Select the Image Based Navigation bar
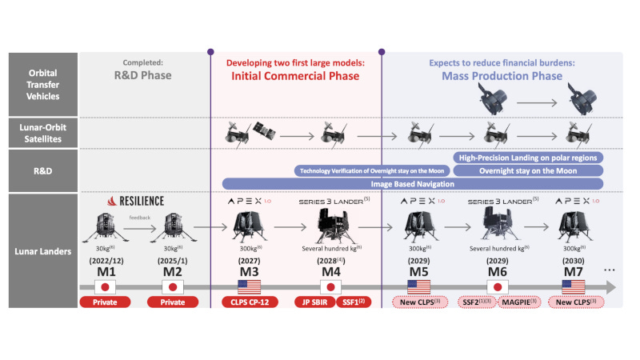tap(412, 183)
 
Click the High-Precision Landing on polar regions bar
tap(527, 158)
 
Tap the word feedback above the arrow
tap(140, 216)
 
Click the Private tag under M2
tap(172, 302)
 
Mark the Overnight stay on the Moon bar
tap(528, 170)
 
